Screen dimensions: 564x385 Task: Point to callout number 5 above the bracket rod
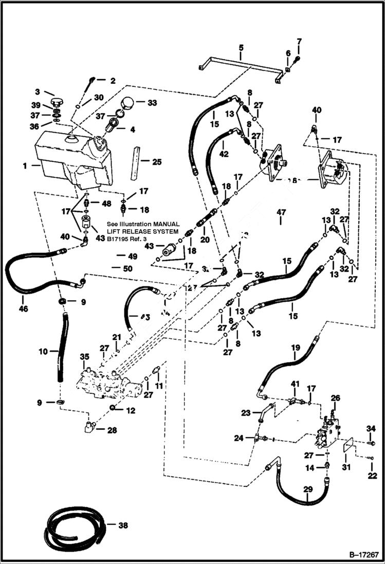coord(241,50)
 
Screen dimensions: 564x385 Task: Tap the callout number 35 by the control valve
coord(85,356)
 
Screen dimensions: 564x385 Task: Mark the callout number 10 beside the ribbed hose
coord(43,351)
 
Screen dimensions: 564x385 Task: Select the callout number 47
coord(281,212)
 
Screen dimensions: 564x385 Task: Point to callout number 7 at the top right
coord(299,41)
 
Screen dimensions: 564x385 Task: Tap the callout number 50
coord(127,268)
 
